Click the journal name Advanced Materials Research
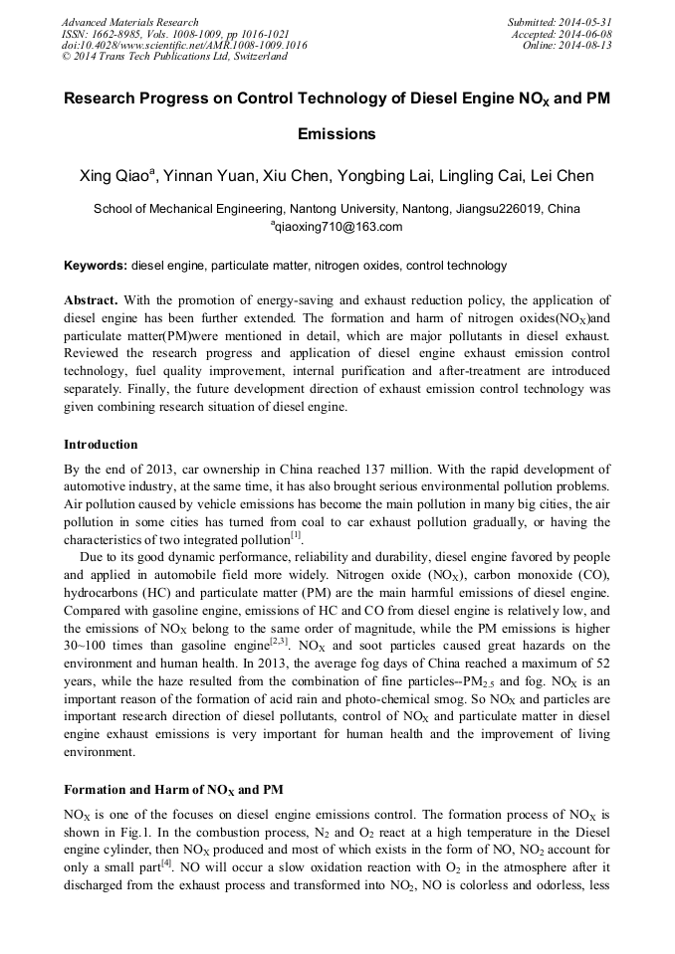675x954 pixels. pyautogui.click(x=129, y=22)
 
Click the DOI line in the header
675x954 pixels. pyautogui.click(x=184, y=45)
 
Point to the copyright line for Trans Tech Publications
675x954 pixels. pyautogui.click(x=174, y=57)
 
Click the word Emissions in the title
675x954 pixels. pyautogui.click(x=337, y=133)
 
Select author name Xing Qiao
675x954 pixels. pyautogui.click(x=114, y=177)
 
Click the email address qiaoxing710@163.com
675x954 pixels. pyautogui.click(x=338, y=227)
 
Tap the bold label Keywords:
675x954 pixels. pyautogui.click(x=96, y=266)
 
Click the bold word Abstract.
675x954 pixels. pyautogui.click(x=91, y=299)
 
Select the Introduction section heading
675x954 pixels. pyautogui.click(x=101, y=444)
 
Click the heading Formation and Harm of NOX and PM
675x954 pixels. pyautogui.click(x=173, y=790)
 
